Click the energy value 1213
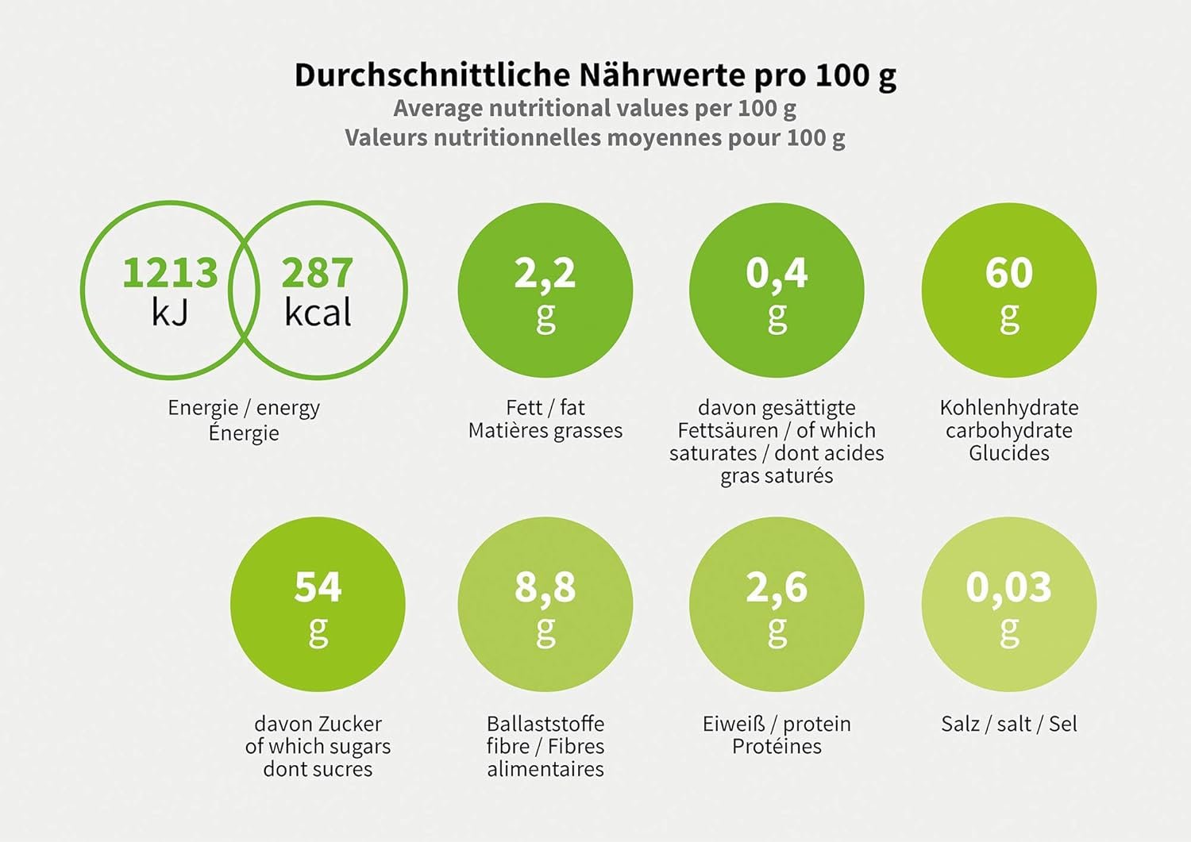169,272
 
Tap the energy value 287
317,272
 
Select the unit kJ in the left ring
169,312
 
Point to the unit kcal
318,312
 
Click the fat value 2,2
545,273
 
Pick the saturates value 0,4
777,273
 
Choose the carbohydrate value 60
1008,272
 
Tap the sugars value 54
318,586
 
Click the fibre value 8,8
545,587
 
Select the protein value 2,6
777,587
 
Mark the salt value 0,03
1008,587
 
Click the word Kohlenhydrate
1008,407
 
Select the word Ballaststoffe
545,724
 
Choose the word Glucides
1008,453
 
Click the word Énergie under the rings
244,433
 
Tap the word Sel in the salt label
1062,724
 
